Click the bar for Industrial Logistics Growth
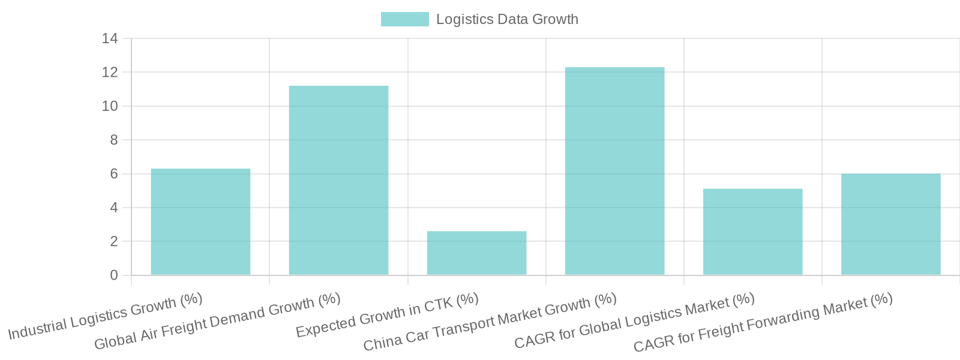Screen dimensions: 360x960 [x=200, y=222]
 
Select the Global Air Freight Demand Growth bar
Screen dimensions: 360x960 [x=338, y=181]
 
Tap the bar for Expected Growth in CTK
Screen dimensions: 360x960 [x=476, y=253]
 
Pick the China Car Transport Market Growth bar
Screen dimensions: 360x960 [x=614, y=171]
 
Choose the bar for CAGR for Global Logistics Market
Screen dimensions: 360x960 [x=752, y=232]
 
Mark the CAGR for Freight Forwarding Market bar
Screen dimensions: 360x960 [x=890, y=224]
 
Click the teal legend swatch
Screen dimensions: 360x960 [x=404, y=19]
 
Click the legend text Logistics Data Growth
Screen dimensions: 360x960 [x=507, y=19]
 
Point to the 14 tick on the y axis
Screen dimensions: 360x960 [x=110, y=38]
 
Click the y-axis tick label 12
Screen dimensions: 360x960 [x=110, y=73]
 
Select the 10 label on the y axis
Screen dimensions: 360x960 [x=110, y=106]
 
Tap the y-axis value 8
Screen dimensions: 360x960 [x=113, y=140]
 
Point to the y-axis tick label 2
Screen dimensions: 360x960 [x=113, y=242]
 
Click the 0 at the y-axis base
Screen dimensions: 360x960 [x=113, y=275]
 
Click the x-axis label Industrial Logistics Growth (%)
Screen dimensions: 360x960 [x=106, y=316]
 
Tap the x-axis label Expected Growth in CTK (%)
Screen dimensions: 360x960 [x=387, y=315]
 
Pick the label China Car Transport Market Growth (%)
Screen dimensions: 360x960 [x=490, y=322]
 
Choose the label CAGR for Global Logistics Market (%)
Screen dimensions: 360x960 [x=634, y=321]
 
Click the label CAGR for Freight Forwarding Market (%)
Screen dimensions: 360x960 [x=763, y=322]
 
